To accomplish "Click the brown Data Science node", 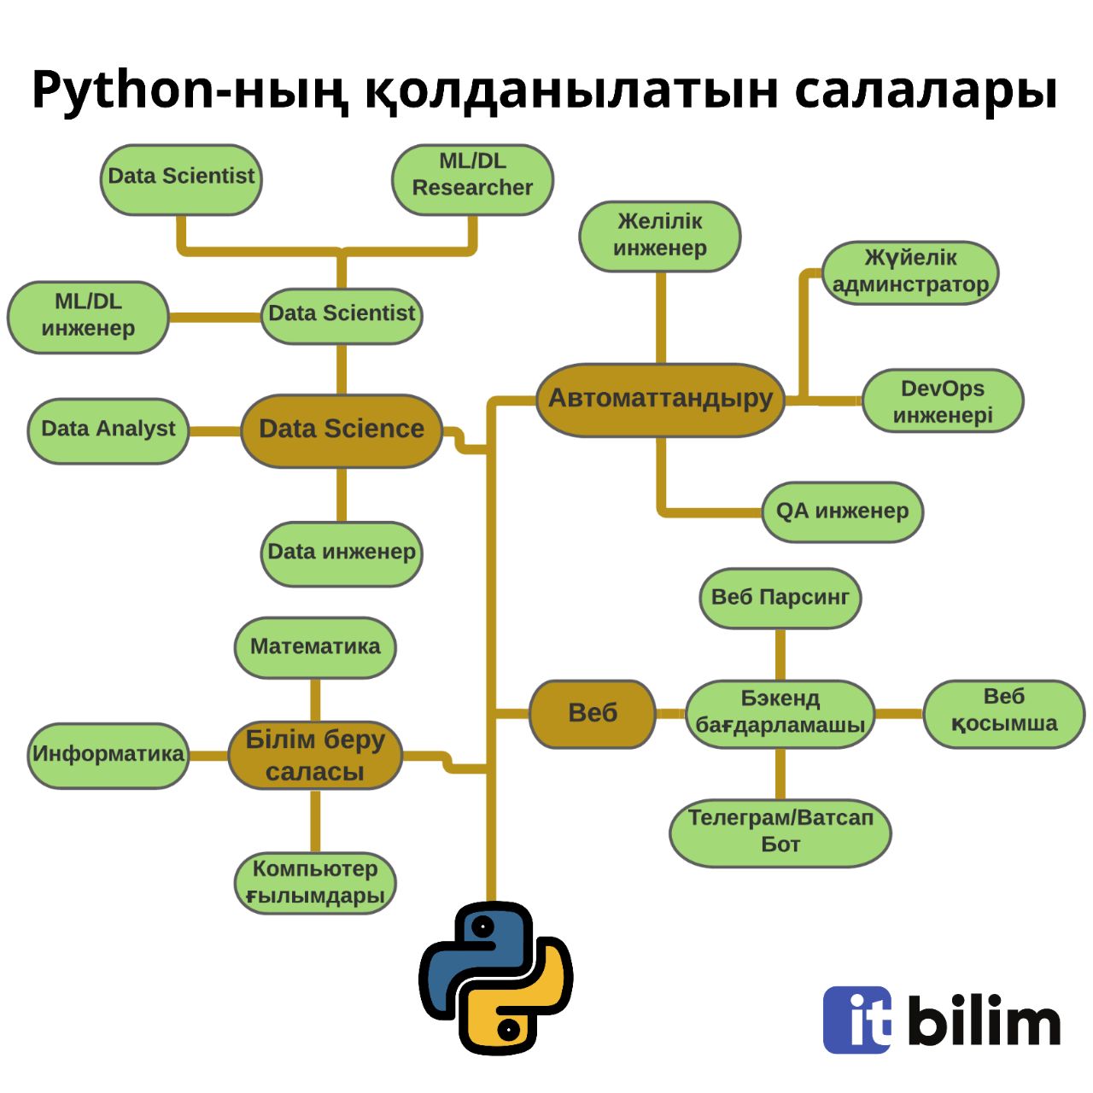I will pos(342,430).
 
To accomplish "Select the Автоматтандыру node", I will pos(660,399).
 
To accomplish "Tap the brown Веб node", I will pos(593,713).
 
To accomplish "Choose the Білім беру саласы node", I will pos(315,756).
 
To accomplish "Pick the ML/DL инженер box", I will pos(88,316).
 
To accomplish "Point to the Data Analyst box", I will pos(108,430).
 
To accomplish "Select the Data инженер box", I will pos(342,552).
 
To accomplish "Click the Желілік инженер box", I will pos(660,236).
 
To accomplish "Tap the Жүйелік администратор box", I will pos(910,272).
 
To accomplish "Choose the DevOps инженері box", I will pos(943,401).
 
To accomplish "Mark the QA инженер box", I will pos(842,511).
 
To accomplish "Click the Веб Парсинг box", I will pos(780,598).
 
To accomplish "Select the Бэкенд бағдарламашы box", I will pos(780,713).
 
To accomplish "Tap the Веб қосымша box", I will pos(1003,711).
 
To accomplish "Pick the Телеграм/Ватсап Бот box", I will pos(780,832).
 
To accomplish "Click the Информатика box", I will pos(108,755).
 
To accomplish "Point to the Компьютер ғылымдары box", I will pos(315,882).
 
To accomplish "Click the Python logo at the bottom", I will pos(496,979).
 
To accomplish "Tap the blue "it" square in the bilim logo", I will pos(857,1020).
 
